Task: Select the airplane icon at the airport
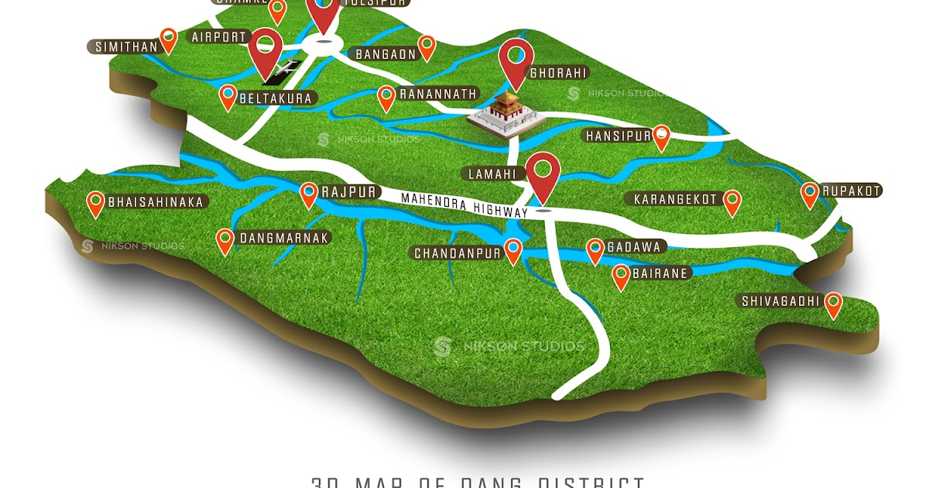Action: [283, 70]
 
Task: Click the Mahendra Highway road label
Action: [464, 204]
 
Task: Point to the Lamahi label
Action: [492, 174]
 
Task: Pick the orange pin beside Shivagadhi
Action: [833, 303]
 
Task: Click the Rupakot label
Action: [852, 191]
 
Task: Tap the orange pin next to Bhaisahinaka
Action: [96, 201]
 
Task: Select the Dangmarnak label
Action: [284, 238]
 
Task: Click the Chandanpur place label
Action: [458, 253]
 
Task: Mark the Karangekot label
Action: [676, 199]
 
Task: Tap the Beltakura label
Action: [276, 98]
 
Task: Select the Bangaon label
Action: [386, 54]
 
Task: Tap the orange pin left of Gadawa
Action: [595, 249]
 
